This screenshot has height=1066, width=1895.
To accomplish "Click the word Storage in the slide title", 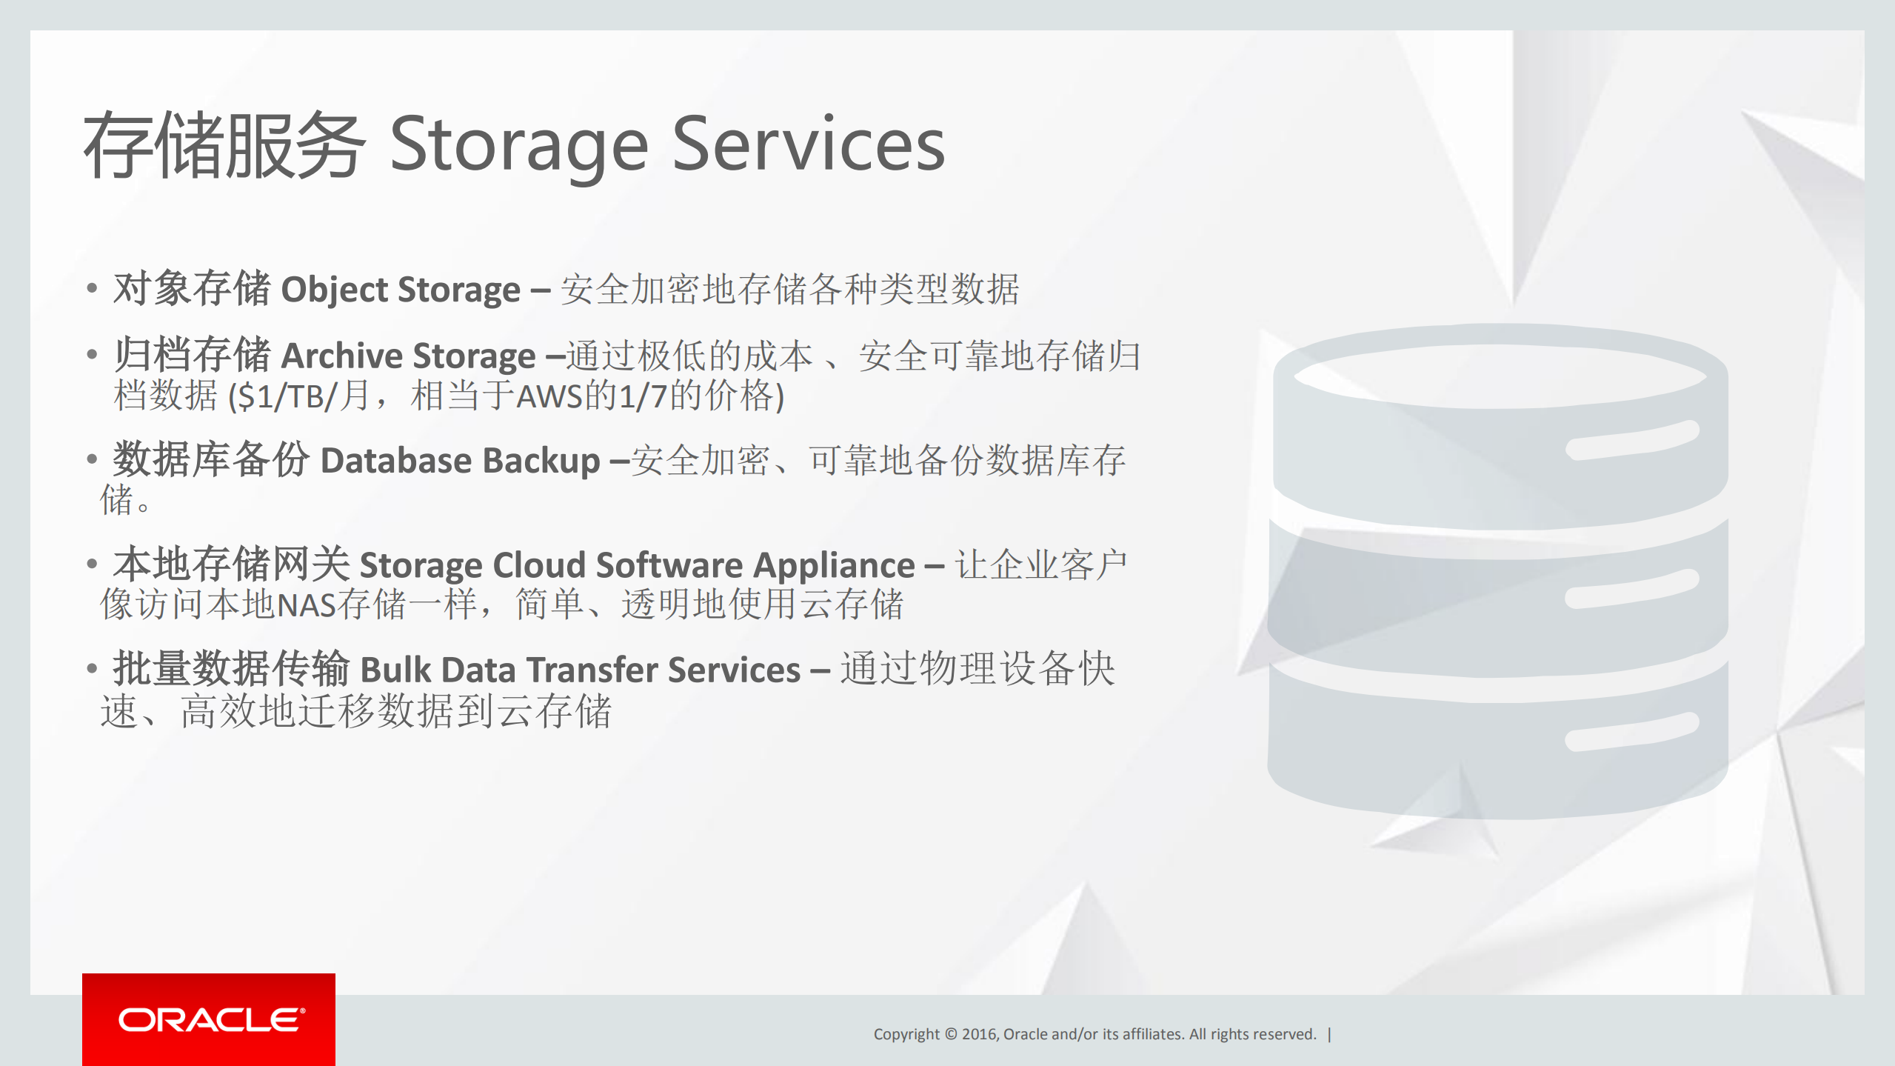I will click(518, 146).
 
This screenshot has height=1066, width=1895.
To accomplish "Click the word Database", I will click(395, 461).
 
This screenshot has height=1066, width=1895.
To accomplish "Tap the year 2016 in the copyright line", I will click(979, 1034).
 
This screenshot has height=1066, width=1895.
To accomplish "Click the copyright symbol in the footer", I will click(951, 1034).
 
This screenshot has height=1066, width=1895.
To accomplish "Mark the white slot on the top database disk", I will click(1631, 440).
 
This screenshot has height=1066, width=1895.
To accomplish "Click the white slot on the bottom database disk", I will click(1631, 732).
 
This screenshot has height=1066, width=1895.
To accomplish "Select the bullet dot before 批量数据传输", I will click(92, 669).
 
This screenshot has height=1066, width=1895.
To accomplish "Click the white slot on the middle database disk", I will click(1631, 589).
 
